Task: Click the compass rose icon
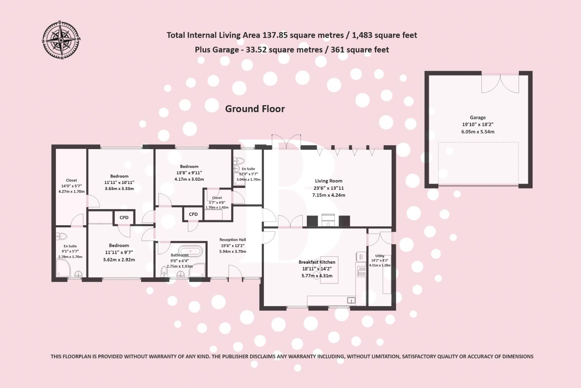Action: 61,40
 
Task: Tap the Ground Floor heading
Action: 255,109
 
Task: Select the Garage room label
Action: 477,117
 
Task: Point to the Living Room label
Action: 329,181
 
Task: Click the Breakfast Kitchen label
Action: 317,262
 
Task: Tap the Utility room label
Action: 380,256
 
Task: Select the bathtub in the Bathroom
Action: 190,250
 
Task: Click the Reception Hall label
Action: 232,240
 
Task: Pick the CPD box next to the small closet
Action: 193,214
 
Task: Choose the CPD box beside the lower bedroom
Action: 124,218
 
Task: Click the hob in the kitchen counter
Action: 362,271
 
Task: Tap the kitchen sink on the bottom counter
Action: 351,300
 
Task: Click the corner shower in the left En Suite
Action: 63,268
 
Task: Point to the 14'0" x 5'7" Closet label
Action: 71,186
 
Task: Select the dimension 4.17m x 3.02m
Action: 189,179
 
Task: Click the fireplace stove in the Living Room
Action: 328,220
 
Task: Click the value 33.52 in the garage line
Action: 256,50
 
